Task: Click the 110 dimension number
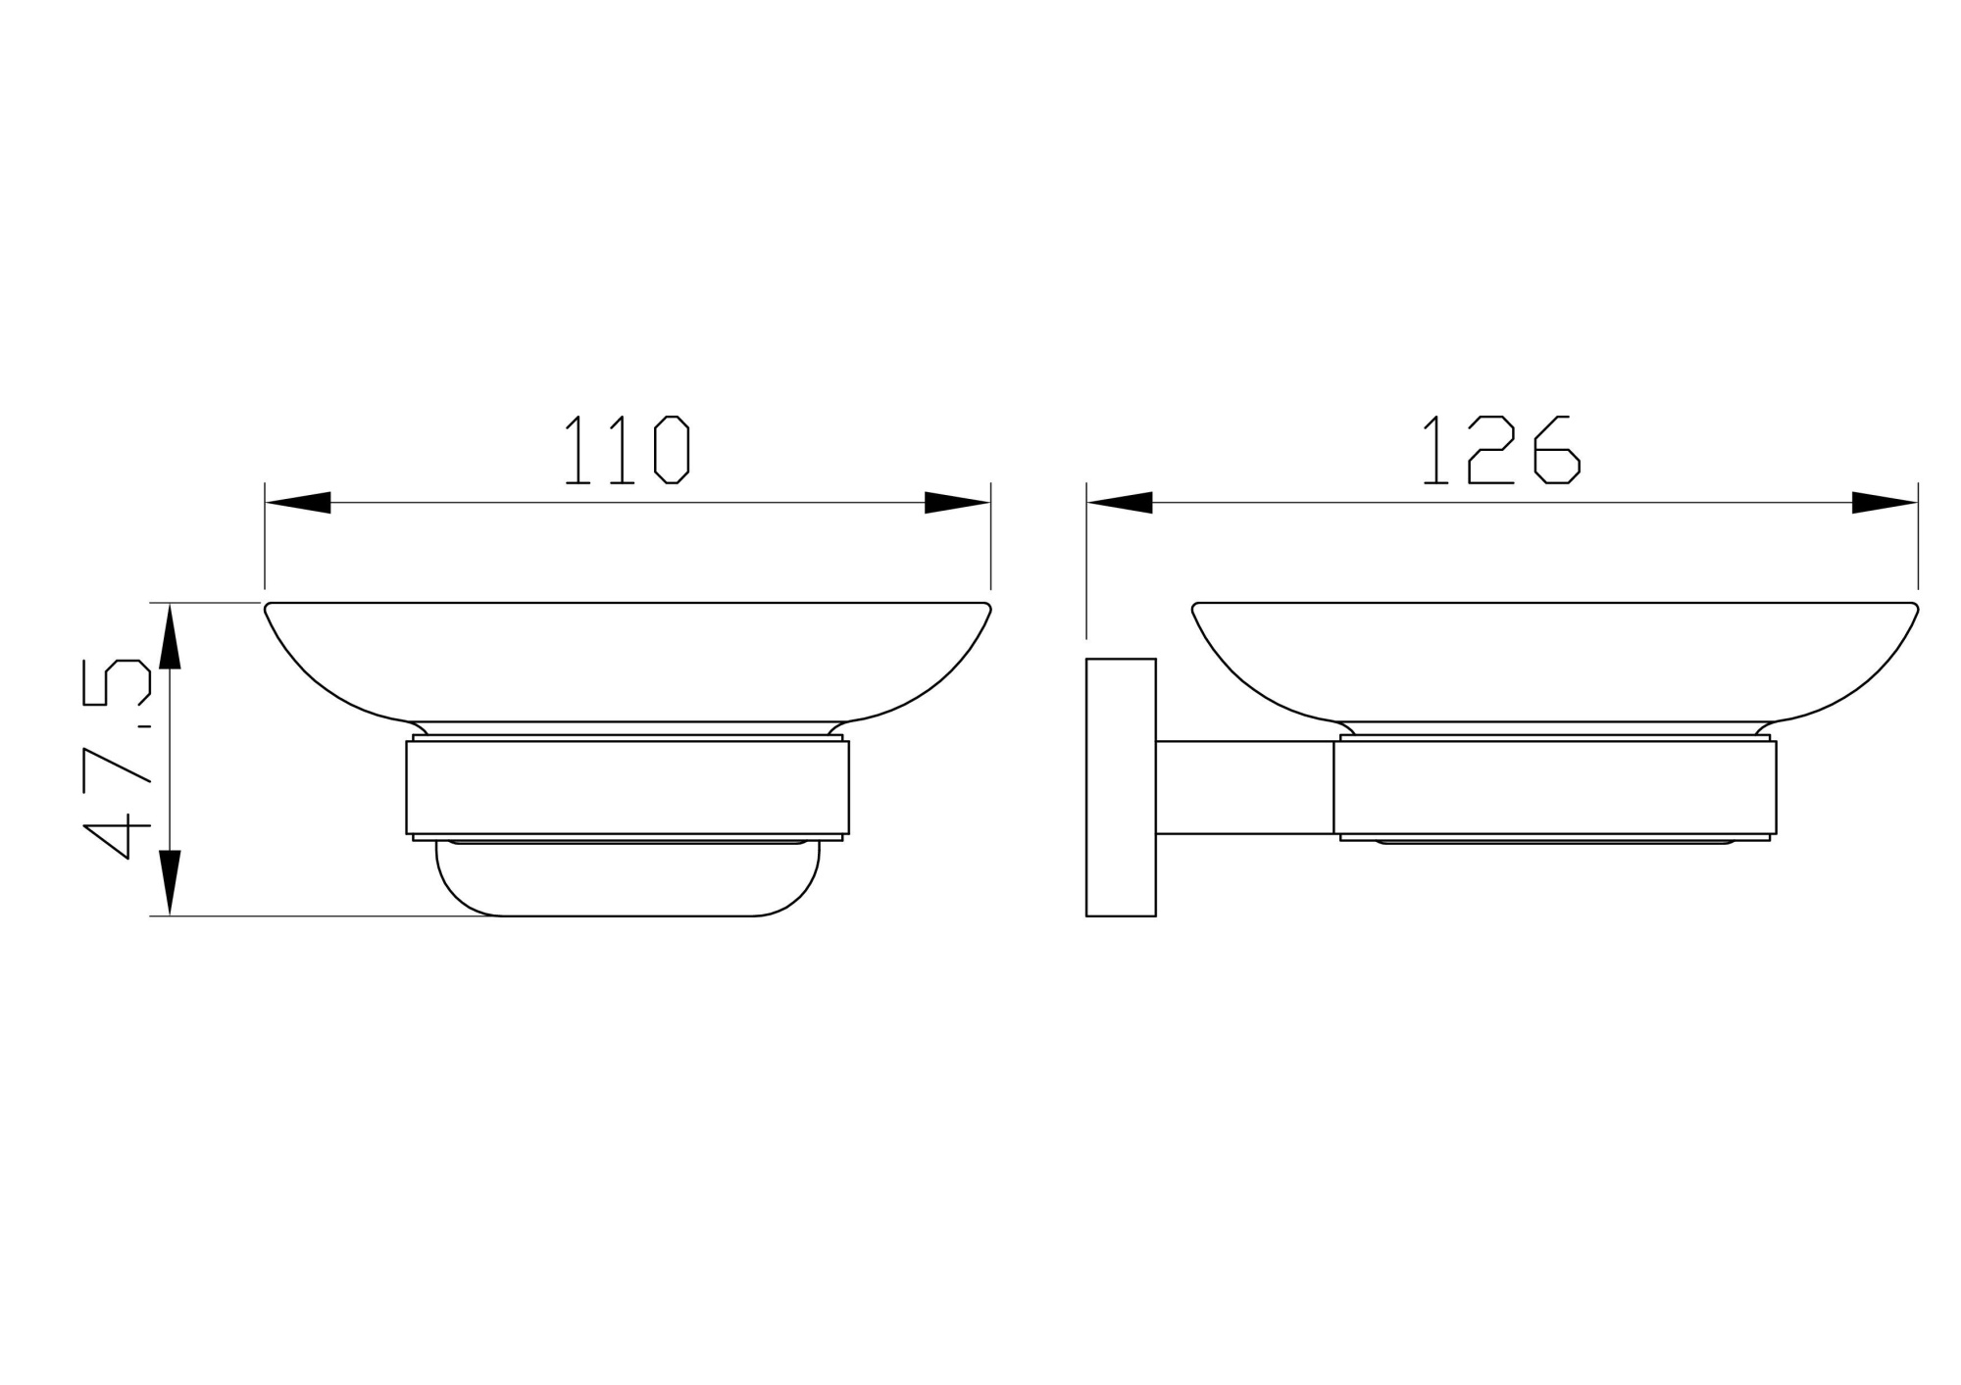(628, 450)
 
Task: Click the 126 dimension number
(1501, 450)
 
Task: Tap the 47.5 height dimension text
(118, 760)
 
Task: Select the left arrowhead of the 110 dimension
(298, 503)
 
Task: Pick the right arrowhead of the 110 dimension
(957, 503)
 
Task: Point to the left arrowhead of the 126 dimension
(1120, 503)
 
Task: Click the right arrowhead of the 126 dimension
(1885, 503)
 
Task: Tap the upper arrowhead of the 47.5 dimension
(170, 636)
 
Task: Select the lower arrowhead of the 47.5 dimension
(170, 883)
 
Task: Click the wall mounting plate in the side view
(1121, 787)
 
